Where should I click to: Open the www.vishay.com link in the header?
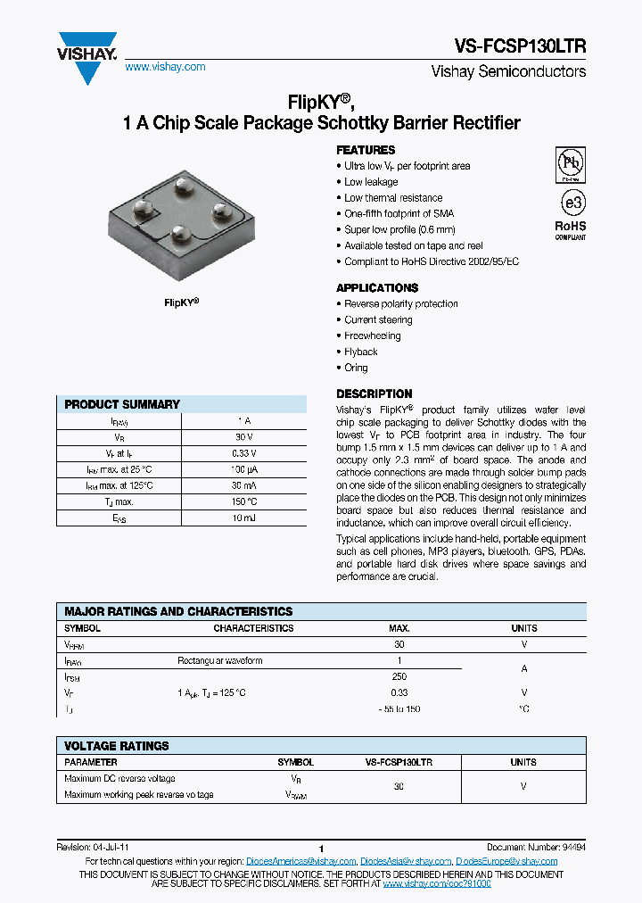click(x=165, y=67)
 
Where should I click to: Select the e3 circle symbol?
click(x=571, y=200)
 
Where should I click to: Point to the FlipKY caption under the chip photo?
click(x=181, y=302)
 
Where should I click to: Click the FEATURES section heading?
click(x=366, y=150)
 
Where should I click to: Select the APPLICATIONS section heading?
click(x=377, y=287)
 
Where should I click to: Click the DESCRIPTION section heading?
click(x=374, y=394)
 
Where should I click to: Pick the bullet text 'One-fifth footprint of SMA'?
click(x=399, y=214)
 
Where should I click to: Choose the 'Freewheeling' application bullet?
click(x=373, y=336)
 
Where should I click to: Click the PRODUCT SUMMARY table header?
click(x=122, y=404)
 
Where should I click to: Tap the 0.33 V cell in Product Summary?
click(x=243, y=452)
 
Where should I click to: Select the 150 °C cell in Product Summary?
click(x=243, y=501)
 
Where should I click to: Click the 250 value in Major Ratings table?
click(x=399, y=677)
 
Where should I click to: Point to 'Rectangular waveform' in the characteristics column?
click(x=219, y=661)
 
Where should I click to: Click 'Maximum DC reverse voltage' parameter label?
click(x=119, y=779)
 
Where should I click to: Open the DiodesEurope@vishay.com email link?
click(x=506, y=861)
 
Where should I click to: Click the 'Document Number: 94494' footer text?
click(x=536, y=847)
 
